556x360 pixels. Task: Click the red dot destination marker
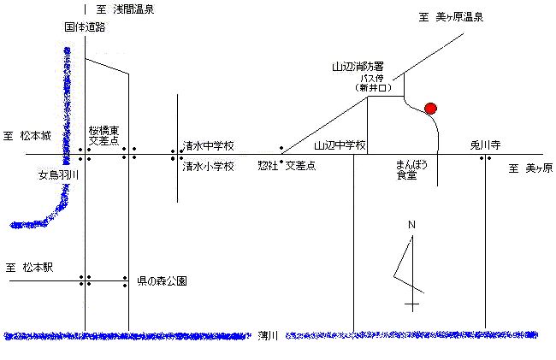(x=431, y=109)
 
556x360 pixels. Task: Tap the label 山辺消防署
(x=359, y=66)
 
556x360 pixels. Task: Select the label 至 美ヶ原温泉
(x=451, y=16)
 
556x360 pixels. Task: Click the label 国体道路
(x=85, y=27)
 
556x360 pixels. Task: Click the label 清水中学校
(x=208, y=146)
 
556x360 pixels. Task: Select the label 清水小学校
(x=208, y=167)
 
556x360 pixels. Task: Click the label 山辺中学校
(x=340, y=146)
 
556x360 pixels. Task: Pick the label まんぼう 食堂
(x=405, y=169)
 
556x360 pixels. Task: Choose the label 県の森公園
(x=162, y=280)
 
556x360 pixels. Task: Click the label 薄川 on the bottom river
(x=268, y=335)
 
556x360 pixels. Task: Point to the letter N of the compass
(x=411, y=225)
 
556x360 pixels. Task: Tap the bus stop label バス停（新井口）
(x=373, y=83)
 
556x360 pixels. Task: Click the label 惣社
(x=268, y=167)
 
